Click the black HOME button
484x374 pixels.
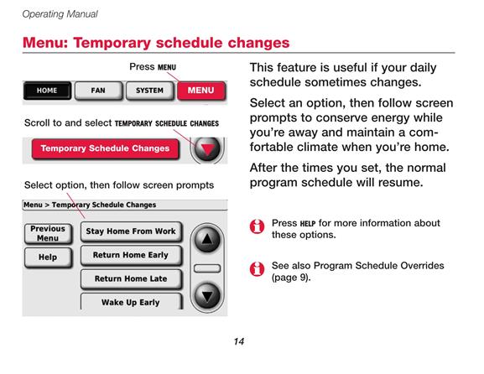pyautogui.click(x=47, y=91)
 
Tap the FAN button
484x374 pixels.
pyautogui.click(x=98, y=91)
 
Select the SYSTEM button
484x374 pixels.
pyautogui.click(x=149, y=91)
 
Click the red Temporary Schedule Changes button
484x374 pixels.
pyautogui.click(x=105, y=148)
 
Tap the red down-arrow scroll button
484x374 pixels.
pyautogui.click(x=207, y=149)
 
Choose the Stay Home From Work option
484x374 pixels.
pyautogui.click(x=131, y=231)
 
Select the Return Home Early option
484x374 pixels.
pyautogui.click(x=131, y=255)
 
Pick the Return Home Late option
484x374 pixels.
pyautogui.click(x=131, y=279)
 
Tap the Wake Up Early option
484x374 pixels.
pyautogui.click(x=131, y=302)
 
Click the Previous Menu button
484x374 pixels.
pyautogui.click(x=48, y=234)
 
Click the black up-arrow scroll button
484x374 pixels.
pyautogui.click(x=207, y=240)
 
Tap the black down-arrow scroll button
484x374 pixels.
pyautogui.click(x=207, y=296)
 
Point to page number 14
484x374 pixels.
pyautogui.click(x=239, y=341)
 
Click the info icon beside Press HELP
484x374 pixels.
pyautogui.click(x=257, y=226)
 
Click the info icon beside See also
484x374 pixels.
pyautogui.click(x=257, y=269)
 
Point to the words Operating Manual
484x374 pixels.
pyautogui.click(x=60, y=14)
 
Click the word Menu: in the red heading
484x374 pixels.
pyautogui.click(x=45, y=43)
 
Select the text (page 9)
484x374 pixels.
pyautogui.click(x=291, y=278)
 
